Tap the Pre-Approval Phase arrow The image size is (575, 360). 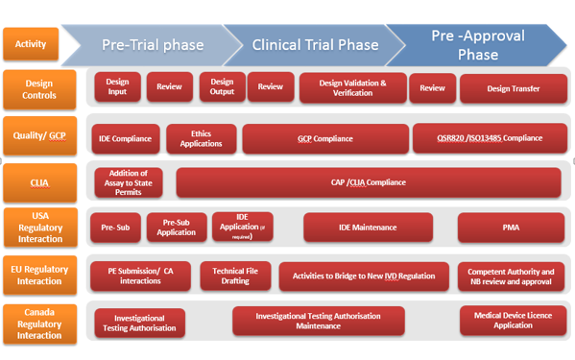point(477,45)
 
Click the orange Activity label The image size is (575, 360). point(31,43)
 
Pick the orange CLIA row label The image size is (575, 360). point(38,181)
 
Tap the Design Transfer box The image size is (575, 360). point(513,89)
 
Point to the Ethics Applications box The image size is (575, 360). point(201,138)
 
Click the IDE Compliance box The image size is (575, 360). point(125,138)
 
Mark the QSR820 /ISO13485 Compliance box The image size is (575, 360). point(490,138)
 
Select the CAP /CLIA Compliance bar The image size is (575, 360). point(368,182)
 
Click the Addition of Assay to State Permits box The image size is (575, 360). point(129,182)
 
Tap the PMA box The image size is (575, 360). point(510,228)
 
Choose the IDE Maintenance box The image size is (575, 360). point(367,228)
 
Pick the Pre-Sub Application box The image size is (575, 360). point(176,228)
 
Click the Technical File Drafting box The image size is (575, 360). point(235,276)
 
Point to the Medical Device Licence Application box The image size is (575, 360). point(513,320)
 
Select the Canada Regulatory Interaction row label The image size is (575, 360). point(38,322)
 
